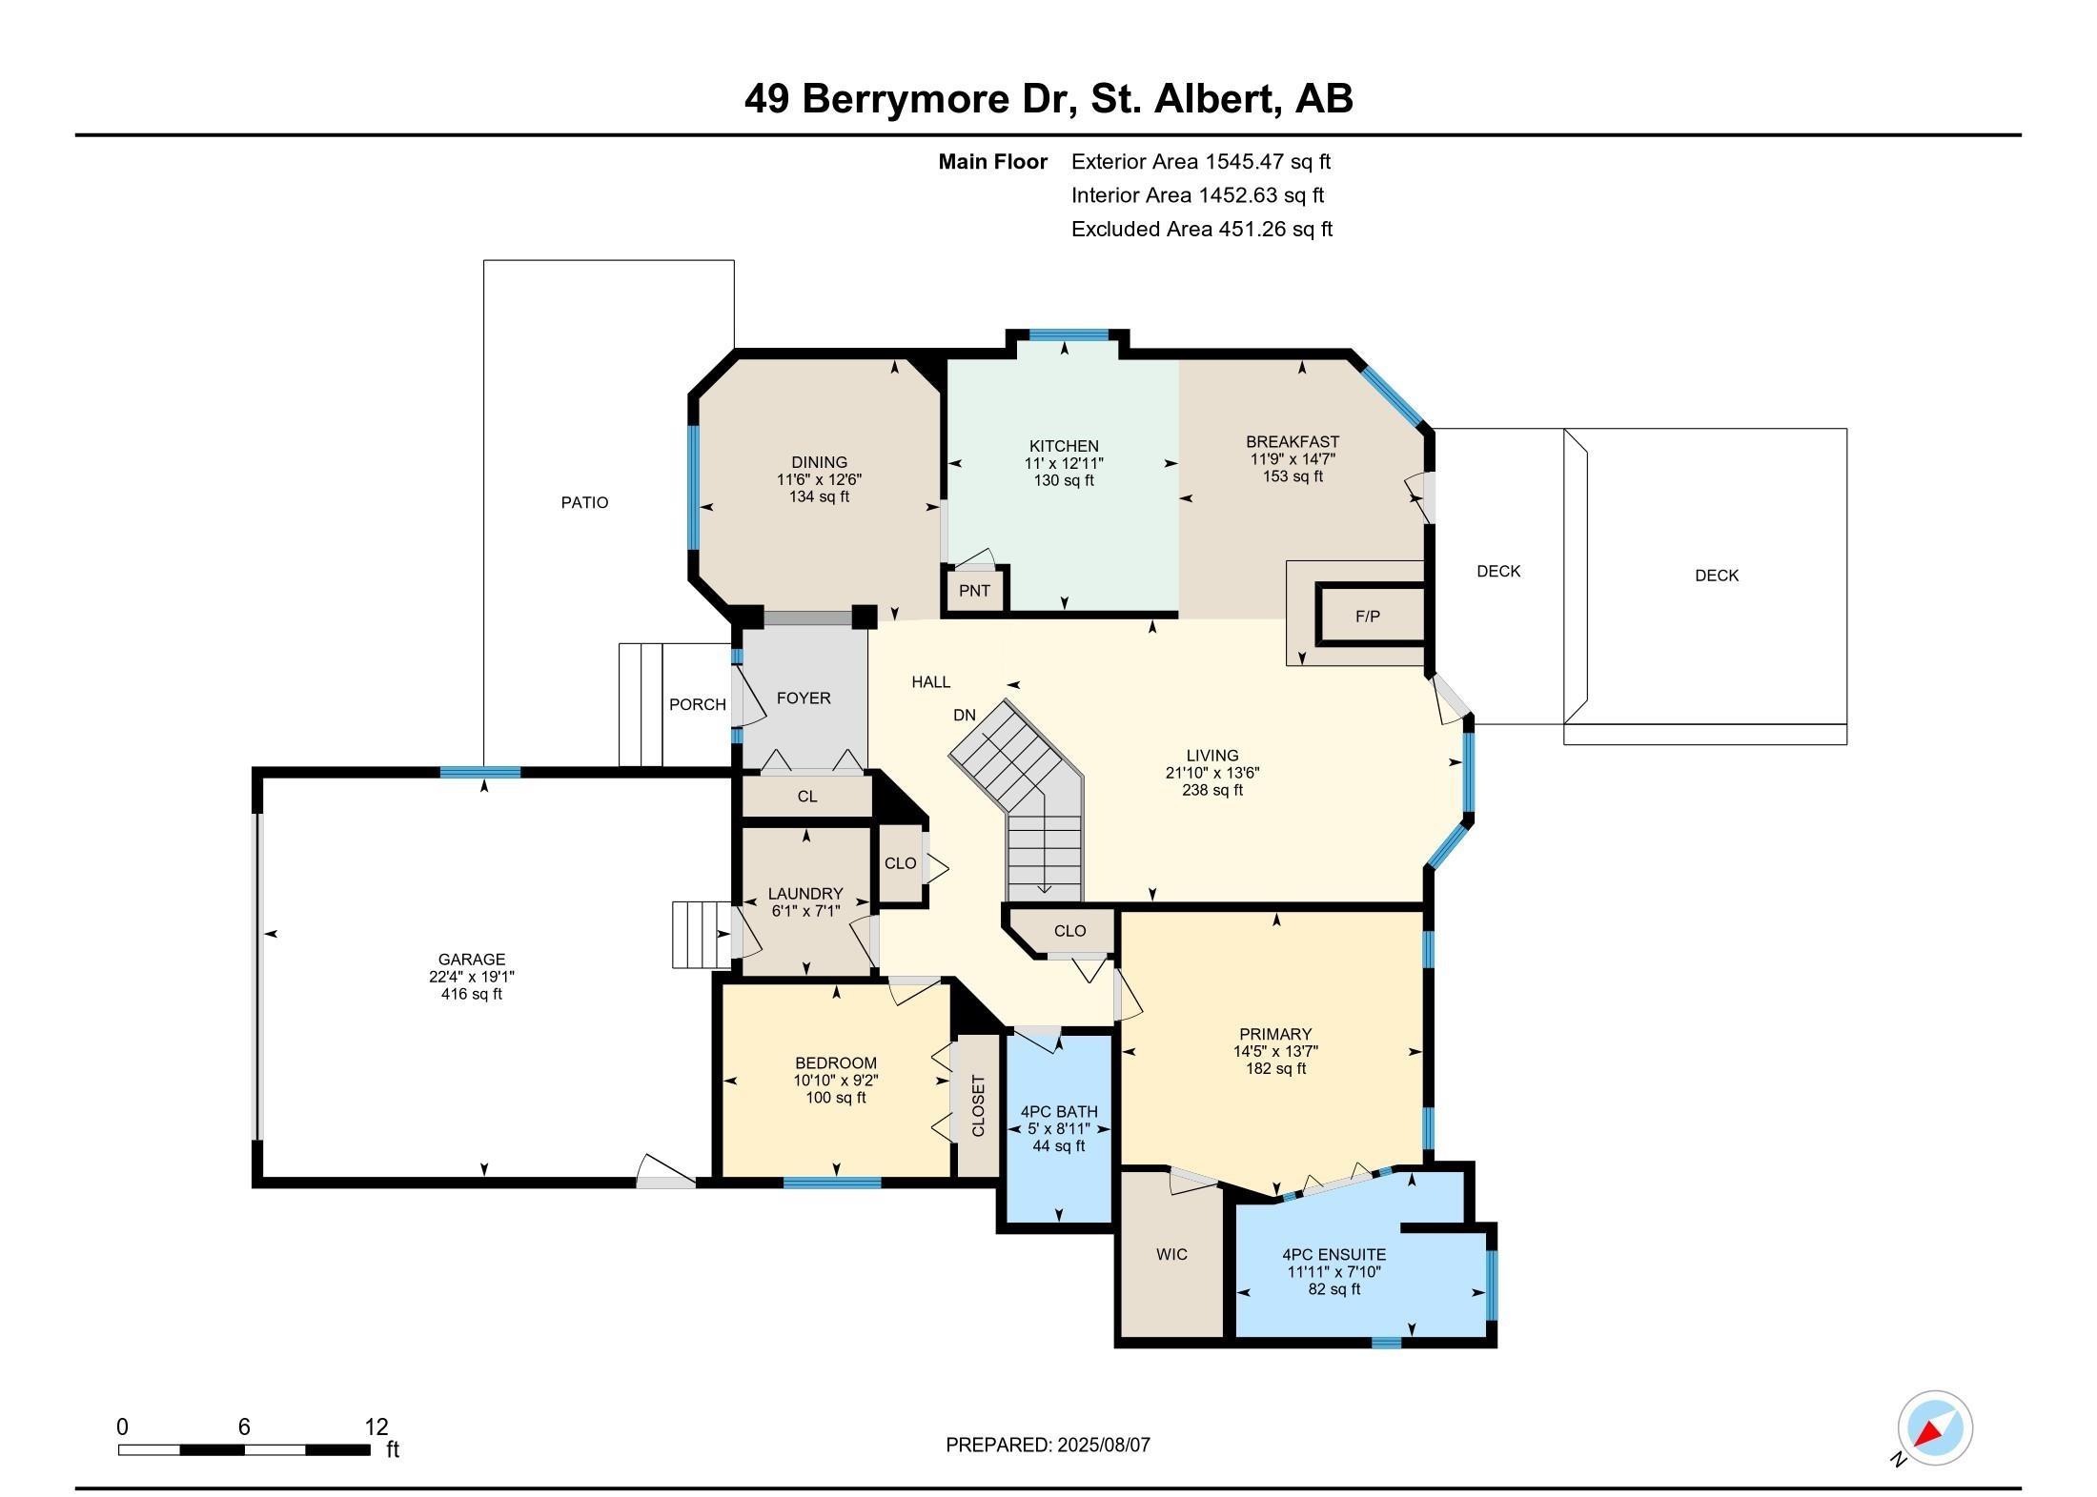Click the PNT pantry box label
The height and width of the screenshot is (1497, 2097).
point(974,591)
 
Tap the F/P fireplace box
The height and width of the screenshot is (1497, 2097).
point(1368,617)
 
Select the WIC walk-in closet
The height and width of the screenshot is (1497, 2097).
point(1171,1254)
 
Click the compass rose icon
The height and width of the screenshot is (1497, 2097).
point(1934,1428)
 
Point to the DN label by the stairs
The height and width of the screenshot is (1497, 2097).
point(965,715)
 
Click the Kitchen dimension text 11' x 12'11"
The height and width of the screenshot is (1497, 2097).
point(1064,463)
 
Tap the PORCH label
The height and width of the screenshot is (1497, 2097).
point(697,704)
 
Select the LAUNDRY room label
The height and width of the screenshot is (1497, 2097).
point(805,894)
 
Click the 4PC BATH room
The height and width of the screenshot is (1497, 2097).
point(1058,1128)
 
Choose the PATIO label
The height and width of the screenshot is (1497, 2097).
point(584,502)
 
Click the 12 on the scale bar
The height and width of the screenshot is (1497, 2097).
point(377,1426)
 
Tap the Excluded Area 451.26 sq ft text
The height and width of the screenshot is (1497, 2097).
point(1201,229)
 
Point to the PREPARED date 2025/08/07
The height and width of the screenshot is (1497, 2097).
point(1103,1445)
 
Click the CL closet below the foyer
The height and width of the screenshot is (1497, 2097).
point(807,797)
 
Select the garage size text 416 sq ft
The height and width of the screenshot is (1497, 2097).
point(471,994)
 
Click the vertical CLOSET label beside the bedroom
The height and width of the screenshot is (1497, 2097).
point(978,1106)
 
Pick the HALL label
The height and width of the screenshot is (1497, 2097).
point(930,681)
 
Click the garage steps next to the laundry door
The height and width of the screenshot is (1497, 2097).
point(701,934)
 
